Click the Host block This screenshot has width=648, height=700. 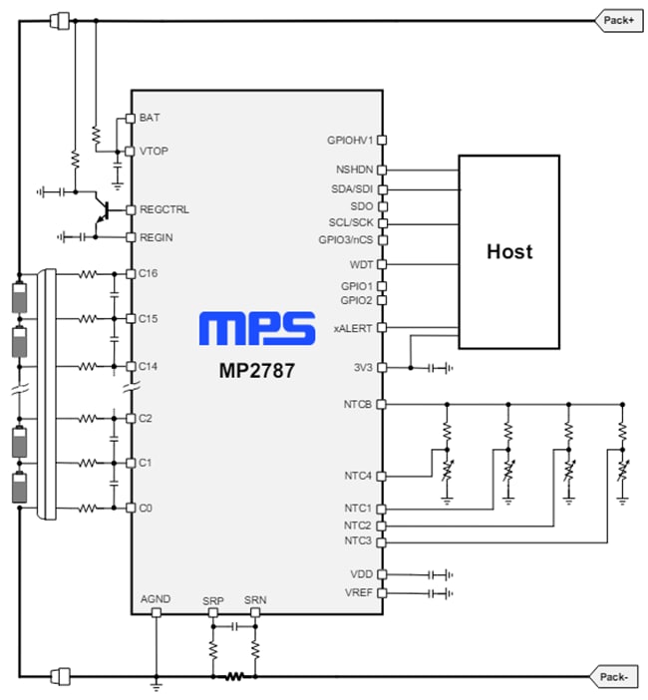point(509,251)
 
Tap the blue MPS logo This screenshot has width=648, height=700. point(256,330)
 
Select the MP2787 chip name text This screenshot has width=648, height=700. point(256,372)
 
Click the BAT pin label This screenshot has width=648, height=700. point(150,118)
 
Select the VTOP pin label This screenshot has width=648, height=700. point(155,152)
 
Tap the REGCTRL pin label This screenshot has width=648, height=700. point(164,210)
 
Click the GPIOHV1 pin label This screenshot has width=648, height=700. point(349,141)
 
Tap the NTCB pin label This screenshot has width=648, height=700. point(357,404)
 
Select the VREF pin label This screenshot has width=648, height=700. point(357,592)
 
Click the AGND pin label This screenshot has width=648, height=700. point(156,598)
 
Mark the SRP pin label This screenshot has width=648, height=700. point(212,600)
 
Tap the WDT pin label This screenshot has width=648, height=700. point(361,265)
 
